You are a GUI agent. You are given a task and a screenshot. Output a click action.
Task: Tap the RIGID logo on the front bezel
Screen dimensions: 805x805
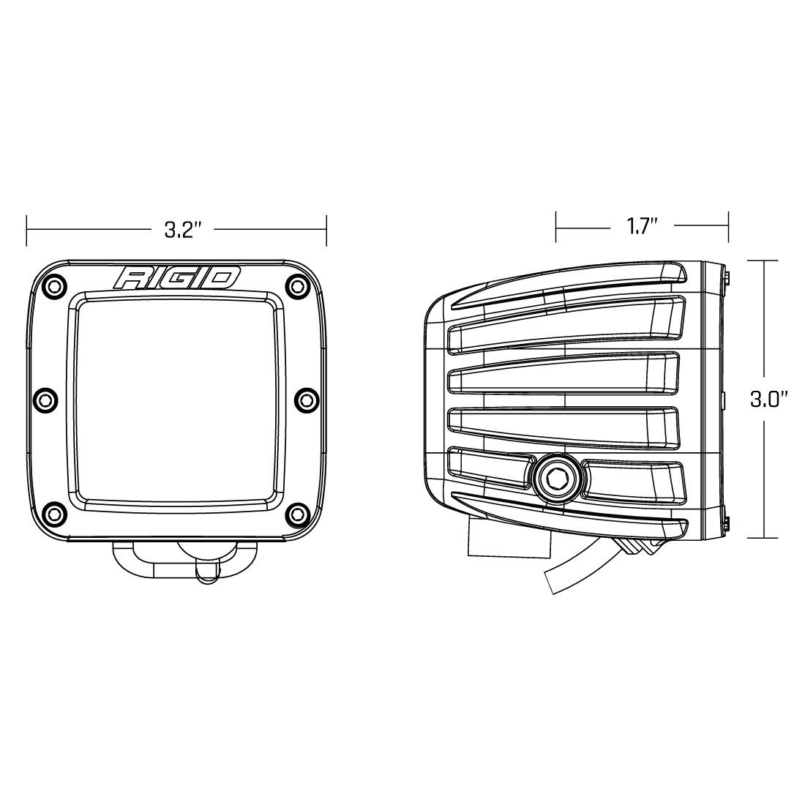pos(177,278)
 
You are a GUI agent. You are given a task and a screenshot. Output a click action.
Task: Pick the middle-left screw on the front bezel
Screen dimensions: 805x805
pos(45,399)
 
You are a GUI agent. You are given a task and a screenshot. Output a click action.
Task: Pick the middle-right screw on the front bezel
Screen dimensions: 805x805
pos(303,399)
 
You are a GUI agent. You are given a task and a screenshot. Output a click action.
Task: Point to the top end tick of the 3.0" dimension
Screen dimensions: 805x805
pos(765,261)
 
